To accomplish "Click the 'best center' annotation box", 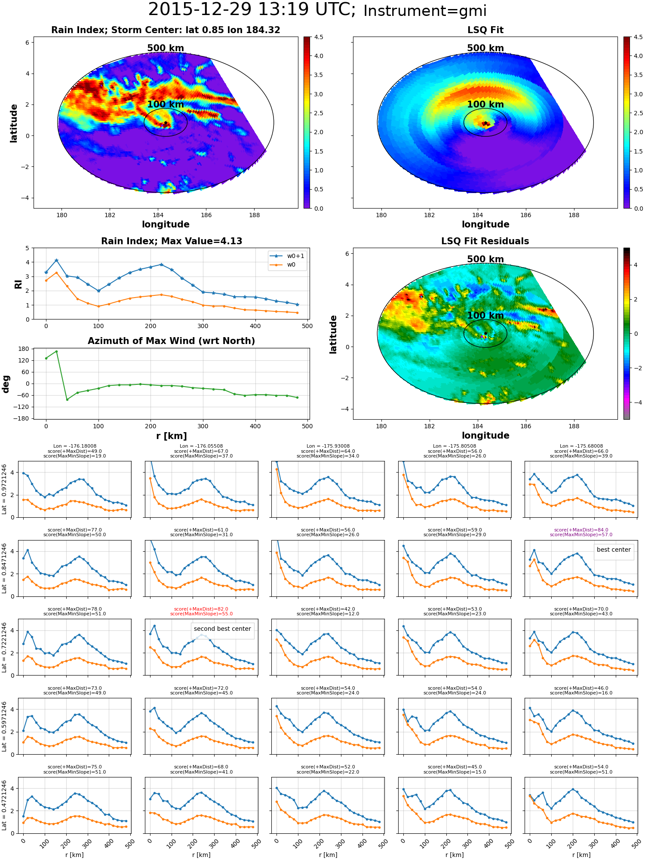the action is tap(614, 550).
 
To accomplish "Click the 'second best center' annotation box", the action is tap(222, 629).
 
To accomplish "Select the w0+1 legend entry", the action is tap(287, 256).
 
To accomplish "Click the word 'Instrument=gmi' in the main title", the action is tap(425, 11).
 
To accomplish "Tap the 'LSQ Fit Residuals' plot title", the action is tap(485, 241).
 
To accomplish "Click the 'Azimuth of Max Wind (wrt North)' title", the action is tap(171, 341).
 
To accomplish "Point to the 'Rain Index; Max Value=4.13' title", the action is tap(172, 241).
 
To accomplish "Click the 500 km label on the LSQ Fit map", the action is tap(485, 48).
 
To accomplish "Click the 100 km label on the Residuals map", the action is tap(485, 315).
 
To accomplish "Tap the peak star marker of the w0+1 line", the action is tap(56, 261).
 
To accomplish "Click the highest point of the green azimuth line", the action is tap(56, 351).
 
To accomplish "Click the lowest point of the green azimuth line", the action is tap(67, 399).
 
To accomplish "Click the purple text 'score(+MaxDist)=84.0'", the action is tap(581, 530).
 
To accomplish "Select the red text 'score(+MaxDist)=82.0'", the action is tap(201, 609).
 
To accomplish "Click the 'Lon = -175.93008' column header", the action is tap(328, 446).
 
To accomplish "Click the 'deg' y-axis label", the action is tap(6, 384).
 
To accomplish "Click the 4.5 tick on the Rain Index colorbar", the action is tap(319, 37).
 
